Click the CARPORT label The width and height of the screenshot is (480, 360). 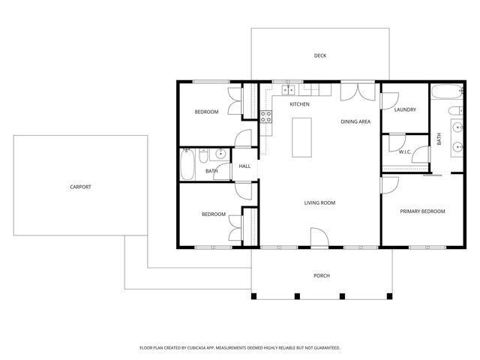point(80,187)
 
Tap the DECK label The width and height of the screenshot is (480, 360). point(320,55)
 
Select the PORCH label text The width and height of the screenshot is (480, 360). point(322,275)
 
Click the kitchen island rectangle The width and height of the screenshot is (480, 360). point(301,137)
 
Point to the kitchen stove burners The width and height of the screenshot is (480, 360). point(265,117)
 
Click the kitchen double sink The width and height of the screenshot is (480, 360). point(288,90)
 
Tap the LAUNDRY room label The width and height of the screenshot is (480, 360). point(405,109)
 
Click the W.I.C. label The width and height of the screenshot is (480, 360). point(405,151)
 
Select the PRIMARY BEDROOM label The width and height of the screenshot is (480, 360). point(422,211)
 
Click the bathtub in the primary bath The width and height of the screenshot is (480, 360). point(448,91)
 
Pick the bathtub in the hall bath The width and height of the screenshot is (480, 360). point(187,164)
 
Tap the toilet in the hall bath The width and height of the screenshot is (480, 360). point(203,155)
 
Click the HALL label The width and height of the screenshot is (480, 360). point(244,166)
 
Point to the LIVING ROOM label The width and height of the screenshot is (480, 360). point(319,202)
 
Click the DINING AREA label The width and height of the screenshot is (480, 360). point(355,121)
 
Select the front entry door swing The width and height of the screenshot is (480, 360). point(319,237)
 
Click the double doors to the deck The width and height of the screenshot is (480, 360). point(358,91)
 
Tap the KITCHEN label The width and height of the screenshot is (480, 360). point(299,104)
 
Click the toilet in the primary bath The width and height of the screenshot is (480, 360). point(456,110)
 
